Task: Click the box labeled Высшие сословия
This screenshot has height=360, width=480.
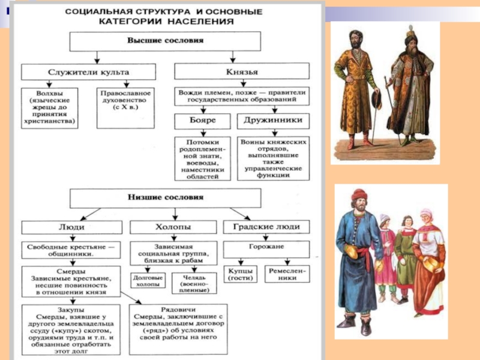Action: [x=165, y=41]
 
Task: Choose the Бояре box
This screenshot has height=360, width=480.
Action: [x=202, y=121]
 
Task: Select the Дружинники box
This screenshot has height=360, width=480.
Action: [x=274, y=121]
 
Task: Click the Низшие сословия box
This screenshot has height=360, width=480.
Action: [x=165, y=197]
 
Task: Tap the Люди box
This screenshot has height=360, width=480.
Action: [x=71, y=227]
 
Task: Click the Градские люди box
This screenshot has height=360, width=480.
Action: [x=266, y=227]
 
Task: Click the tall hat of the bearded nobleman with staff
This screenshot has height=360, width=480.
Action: [x=410, y=36]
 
